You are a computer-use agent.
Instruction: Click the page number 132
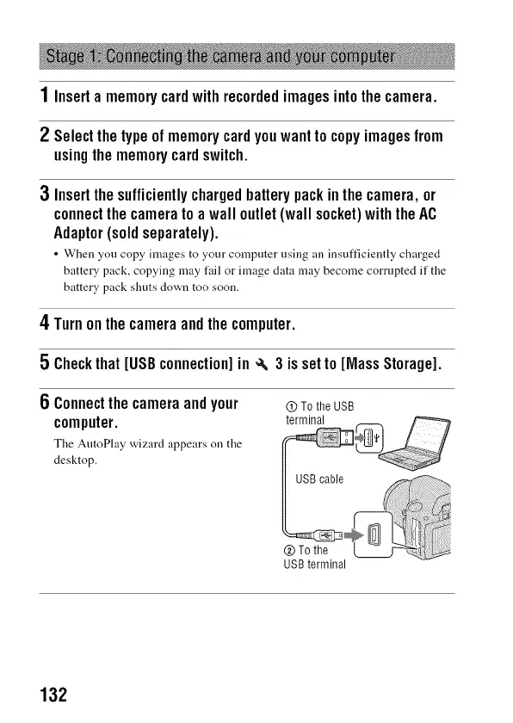pos(53,695)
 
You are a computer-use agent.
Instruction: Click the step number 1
pos(44,95)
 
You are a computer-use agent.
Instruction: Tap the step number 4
pos(44,322)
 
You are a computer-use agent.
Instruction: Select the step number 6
pos(44,402)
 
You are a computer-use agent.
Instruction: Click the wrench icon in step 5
pos(262,365)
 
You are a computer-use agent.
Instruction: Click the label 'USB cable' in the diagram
pos(319,479)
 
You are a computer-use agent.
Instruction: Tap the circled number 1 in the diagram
pos(291,406)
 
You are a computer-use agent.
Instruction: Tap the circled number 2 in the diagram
pos(289,551)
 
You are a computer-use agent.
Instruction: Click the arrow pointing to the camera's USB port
pos(354,535)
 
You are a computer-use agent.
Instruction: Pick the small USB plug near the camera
pos(328,535)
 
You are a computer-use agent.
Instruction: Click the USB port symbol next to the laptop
pos(371,437)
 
